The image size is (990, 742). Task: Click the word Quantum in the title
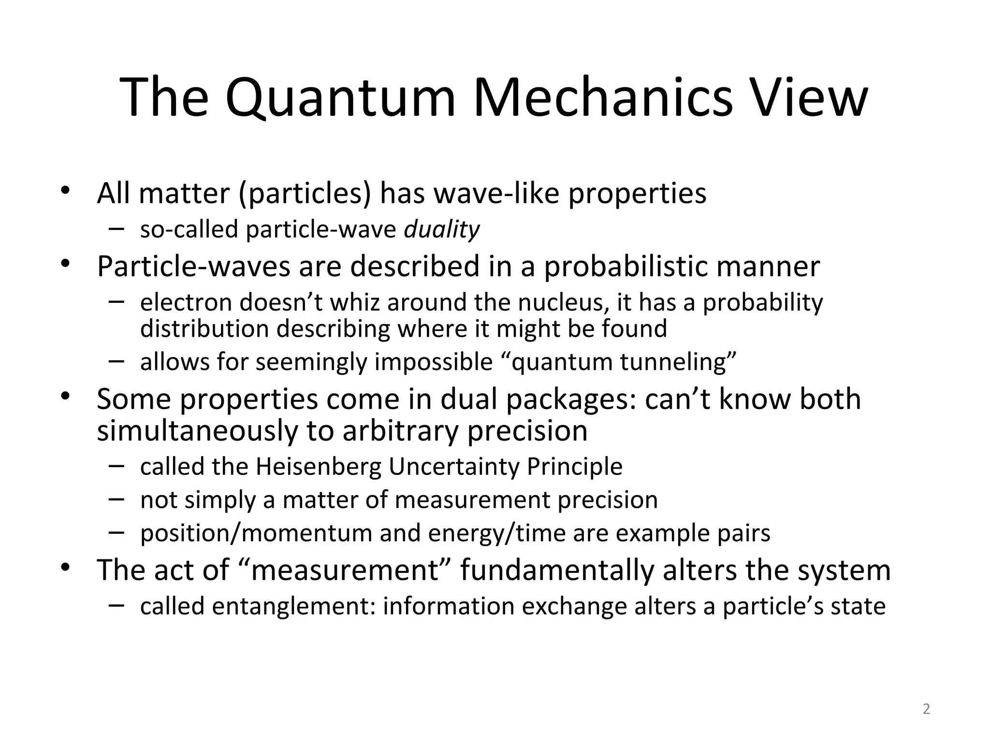click(x=340, y=99)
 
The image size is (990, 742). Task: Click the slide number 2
click(x=926, y=709)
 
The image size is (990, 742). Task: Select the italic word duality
click(x=441, y=229)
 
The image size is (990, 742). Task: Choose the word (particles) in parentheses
click(x=305, y=194)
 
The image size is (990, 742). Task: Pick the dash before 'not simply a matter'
click(x=116, y=499)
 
